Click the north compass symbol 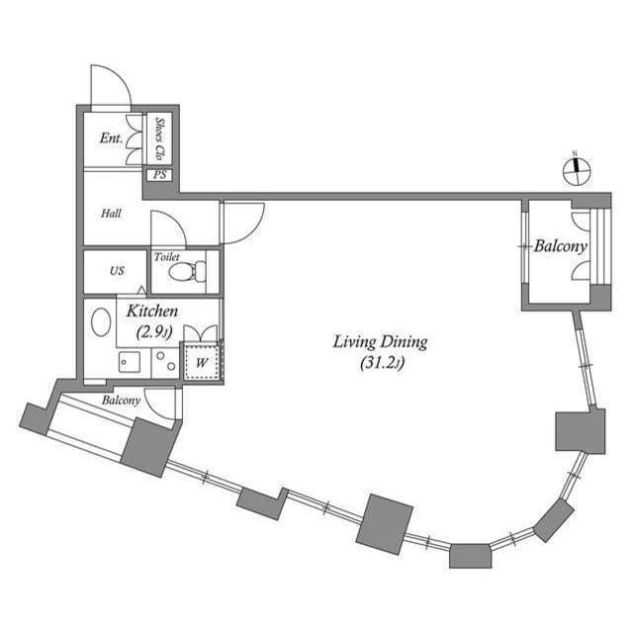point(575,170)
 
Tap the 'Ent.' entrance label point(111,138)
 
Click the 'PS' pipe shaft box point(159,175)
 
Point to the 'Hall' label point(111,213)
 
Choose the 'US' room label point(117,271)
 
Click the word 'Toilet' point(166,256)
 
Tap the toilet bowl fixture point(194,271)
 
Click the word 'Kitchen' point(153,311)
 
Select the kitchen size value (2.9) point(152,333)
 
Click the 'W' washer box point(201,362)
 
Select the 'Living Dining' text point(379,342)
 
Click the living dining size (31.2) point(379,364)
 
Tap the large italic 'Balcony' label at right point(561,246)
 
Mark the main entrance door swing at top point(110,87)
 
